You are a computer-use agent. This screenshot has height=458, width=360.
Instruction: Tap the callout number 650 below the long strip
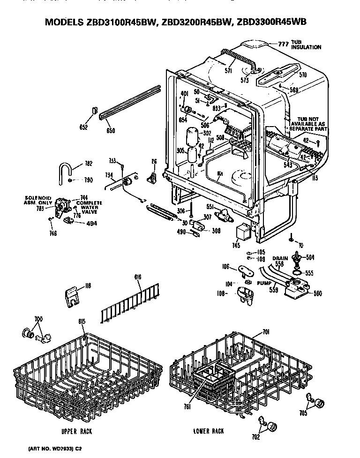(110, 130)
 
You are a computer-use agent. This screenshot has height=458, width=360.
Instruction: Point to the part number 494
(92, 224)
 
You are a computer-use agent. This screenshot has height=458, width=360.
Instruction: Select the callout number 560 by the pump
(317, 294)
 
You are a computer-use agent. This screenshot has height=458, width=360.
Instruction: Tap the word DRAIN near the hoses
(280, 258)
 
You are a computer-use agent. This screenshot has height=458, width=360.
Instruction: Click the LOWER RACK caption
(209, 431)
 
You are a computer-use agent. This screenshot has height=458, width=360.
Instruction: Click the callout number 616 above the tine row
(138, 278)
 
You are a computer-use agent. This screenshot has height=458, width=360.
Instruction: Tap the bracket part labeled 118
(71, 297)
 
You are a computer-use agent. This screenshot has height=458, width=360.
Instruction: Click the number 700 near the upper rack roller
(38, 319)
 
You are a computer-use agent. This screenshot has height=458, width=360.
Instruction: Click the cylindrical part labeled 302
(192, 136)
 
